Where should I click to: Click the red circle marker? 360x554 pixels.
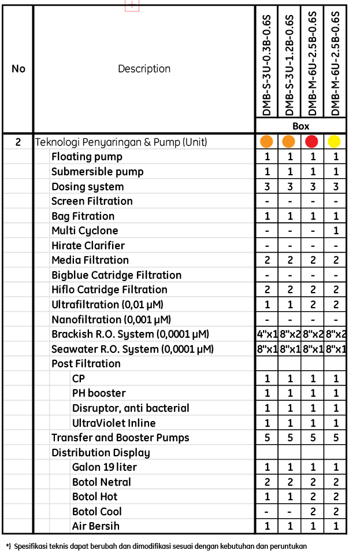pyautogui.click(x=312, y=142)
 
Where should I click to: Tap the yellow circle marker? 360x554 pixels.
pyautogui.click(x=335, y=142)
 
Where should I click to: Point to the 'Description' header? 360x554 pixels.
pyautogui.click(x=144, y=69)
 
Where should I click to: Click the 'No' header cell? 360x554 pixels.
pyautogui.click(x=18, y=69)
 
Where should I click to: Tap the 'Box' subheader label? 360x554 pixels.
pyautogui.click(x=300, y=126)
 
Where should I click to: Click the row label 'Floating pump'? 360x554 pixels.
pyautogui.click(x=87, y=157)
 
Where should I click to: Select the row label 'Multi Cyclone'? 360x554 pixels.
pyautogui.click(x=84, y=231)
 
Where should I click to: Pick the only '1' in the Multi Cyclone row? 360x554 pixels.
pyautogui.click(x=335, y=231)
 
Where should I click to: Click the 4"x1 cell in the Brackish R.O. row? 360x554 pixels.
pyautogui.click(x=267, y=334)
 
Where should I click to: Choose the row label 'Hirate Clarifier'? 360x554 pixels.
pyautogui.click(x=88, y=246)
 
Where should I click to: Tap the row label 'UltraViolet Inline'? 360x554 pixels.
pyautogui.click(x=114, y=423)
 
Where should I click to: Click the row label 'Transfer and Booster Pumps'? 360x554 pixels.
pyautogui.click(x=120, y=438)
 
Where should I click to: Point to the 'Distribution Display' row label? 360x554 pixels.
pyautogui.click(x=101, y=453)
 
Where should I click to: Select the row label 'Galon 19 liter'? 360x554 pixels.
pyautogui.click(x=104, y=467)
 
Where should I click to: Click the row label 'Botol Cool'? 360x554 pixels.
pyautogui.click(x=97, y=512)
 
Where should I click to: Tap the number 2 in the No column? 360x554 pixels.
pyautogui.click(x=18, y=142)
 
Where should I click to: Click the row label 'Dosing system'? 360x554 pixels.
pyautogui.click(x=87, y=187)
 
